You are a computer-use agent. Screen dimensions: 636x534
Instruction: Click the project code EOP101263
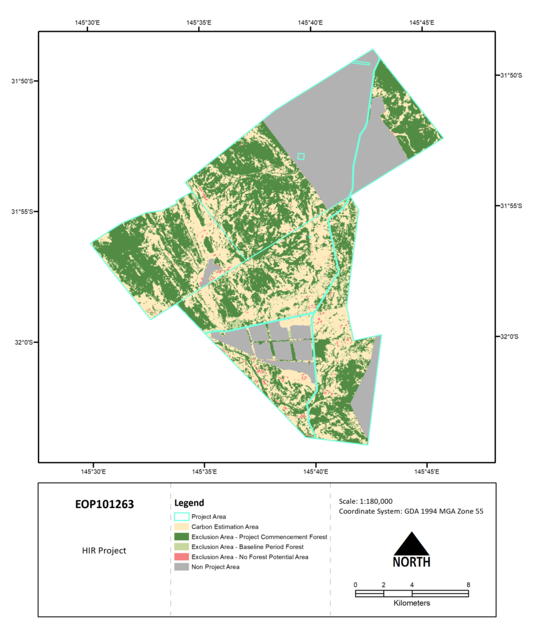coord(104,504)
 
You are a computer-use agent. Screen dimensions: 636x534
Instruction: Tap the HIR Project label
coord(104,550)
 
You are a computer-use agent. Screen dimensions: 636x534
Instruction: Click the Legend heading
coord(189,502)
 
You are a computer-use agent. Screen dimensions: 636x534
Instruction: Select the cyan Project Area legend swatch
coord(181,516)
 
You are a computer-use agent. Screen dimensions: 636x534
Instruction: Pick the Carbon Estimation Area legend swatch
coord(181,527)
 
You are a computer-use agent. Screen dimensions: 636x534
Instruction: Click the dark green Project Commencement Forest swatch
coord(181,537)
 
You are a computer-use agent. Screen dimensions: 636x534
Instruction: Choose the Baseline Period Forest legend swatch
coord(181,547)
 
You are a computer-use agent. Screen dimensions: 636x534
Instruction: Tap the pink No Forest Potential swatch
coord(181,556)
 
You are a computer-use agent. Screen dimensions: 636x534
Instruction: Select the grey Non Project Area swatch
coord(181,566)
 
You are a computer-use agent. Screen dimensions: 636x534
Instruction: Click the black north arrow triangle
coord(412,545)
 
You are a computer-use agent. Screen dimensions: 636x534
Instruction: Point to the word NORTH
coord(412,562)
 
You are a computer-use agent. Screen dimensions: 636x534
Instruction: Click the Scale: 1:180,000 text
coord(366,501)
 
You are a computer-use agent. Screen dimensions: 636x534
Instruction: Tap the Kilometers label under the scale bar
coord(412,603)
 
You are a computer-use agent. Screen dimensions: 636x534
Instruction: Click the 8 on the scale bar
coord(468,584)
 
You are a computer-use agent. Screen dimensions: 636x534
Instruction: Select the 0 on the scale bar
coord(355,584)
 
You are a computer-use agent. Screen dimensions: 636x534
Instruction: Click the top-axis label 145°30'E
coord(87,22)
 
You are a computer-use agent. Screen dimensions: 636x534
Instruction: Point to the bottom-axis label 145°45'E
coord(427,471)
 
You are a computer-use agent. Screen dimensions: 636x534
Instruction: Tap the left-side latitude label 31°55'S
coord(23,211)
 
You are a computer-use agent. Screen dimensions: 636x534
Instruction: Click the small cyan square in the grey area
coord(301,157)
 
